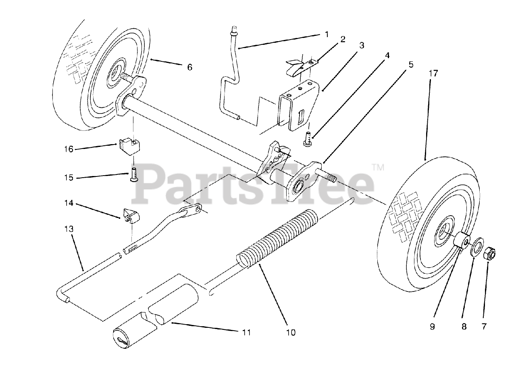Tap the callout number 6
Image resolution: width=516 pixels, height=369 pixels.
tap(189, 67)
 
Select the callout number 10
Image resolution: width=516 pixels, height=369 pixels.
tap(291, 332)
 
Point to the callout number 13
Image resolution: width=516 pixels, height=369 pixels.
tap(69, 229)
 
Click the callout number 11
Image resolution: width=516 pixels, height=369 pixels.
tap(246, 332)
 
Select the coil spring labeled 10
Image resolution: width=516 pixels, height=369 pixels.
tap(278, 238)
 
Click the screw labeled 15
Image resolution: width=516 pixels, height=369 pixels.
tap(133, 175)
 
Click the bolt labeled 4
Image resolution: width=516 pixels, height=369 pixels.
tap(308, 140)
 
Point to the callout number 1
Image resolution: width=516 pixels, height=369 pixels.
tap(327, 34)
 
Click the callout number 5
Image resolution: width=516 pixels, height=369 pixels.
tap(411, 65)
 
